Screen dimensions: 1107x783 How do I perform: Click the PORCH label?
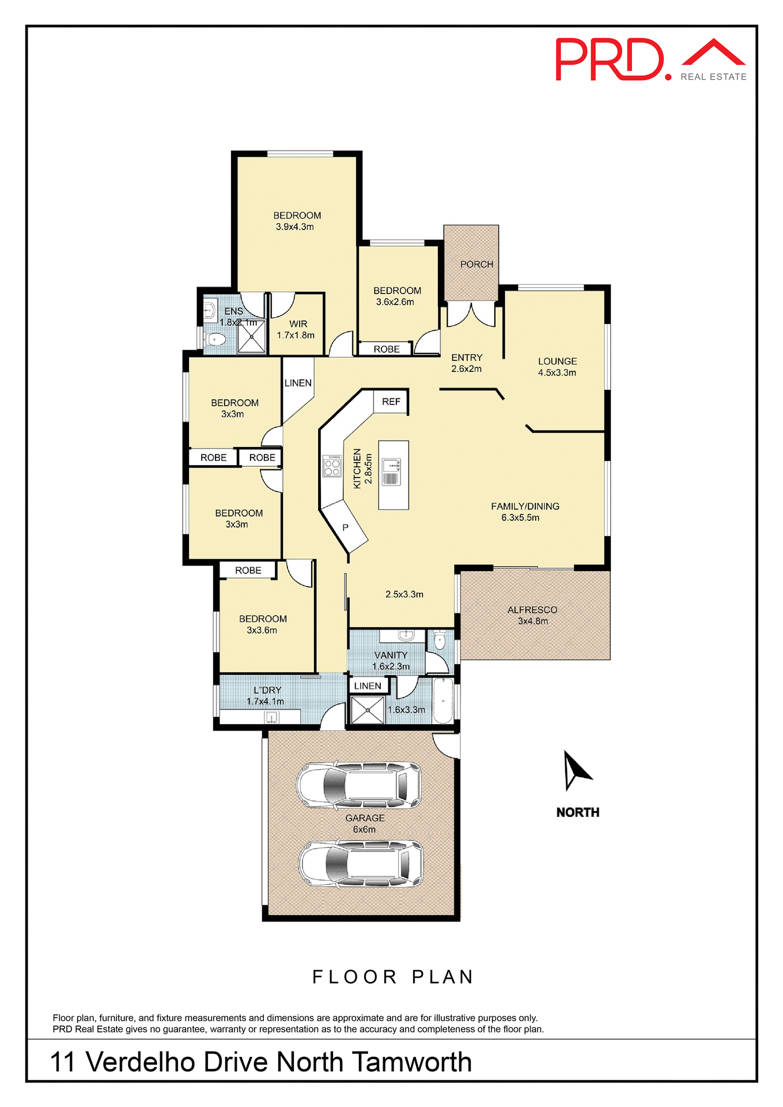click(476, 264)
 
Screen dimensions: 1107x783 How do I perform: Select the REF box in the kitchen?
click(391, 402)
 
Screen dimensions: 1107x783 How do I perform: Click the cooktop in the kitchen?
click(332, 466)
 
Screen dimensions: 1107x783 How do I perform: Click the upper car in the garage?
click(359, 785)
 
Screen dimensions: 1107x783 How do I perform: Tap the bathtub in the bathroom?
click(442, 701)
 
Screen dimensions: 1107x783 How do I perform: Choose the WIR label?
click(298, 324)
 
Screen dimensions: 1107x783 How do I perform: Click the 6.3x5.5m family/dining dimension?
click(520, 518)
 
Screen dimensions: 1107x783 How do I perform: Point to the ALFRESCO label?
click(532, 610)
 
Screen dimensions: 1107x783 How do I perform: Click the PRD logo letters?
click(610, 60)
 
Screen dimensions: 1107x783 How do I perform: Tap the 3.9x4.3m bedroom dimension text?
click(294, 227)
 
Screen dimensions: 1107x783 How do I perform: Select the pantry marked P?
click(345, 528)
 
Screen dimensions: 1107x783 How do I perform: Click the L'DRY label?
click(267, 690)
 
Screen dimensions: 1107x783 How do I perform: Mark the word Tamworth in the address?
click(411, 1063)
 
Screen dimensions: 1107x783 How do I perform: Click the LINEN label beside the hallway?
click(298, 383)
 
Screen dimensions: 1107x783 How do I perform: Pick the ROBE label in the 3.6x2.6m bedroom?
click(386, 349)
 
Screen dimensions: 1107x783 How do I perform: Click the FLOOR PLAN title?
click(392, 977)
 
